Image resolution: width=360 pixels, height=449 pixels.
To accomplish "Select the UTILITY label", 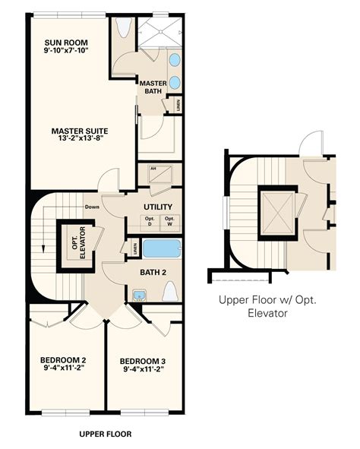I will coord(158,207).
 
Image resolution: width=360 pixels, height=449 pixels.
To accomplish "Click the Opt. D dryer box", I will coord(150,221).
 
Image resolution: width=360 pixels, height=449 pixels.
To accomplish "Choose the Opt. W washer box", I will coord(170,221).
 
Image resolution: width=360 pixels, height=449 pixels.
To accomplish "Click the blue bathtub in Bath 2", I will coord(162,248).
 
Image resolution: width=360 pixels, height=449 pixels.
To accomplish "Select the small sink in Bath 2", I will coord(139,295).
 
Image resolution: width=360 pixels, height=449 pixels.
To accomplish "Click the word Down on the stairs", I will coord(93,206).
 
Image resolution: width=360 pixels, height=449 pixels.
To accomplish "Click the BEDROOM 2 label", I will coord(62,359).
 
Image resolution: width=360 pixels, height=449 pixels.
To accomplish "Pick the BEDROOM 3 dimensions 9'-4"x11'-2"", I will coord(142,370).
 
